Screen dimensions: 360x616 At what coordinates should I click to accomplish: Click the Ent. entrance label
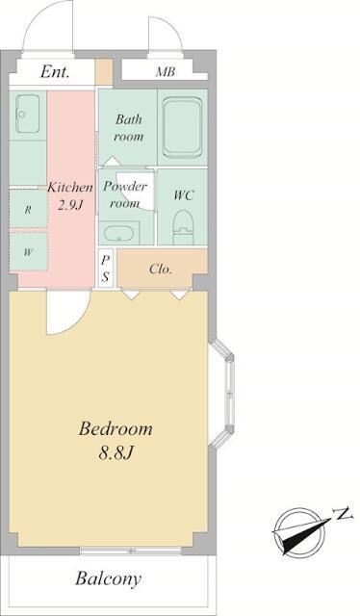[55, 71]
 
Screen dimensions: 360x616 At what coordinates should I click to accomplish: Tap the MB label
[165, 72]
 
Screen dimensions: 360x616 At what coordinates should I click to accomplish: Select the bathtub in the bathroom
[182, 127]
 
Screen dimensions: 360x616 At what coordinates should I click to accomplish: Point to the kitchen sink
[28, 114]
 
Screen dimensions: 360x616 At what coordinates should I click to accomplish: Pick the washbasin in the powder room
[119, 234]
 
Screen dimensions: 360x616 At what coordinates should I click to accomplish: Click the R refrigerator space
[28, 209]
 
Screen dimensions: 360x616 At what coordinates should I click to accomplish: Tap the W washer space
[28, 252]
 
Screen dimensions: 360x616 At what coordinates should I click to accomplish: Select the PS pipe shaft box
[105, 269]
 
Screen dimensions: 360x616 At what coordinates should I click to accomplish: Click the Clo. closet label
[161, 269]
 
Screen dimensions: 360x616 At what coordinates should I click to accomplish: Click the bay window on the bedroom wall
[222, 394]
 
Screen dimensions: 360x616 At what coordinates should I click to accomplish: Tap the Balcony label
[108, 578]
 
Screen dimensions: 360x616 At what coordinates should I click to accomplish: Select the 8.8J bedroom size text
[116, 453]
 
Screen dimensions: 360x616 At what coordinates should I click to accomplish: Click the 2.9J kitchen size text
[70, 205]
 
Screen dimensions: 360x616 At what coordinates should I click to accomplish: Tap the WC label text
[184, 194]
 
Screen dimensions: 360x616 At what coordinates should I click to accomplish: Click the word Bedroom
[116, 428]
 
